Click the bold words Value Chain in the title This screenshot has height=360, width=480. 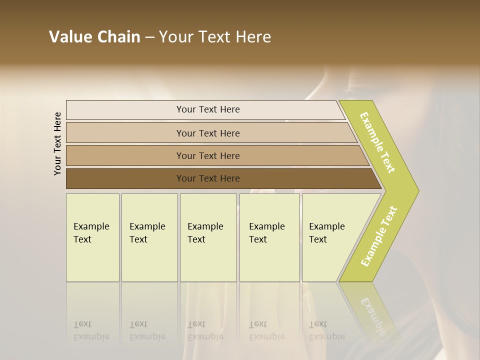[94, 37]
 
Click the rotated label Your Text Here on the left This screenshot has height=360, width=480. [57, 143]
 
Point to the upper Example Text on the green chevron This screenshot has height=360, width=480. [377, 143]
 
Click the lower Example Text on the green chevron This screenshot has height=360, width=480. [379, 236]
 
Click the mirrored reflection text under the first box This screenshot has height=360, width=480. [91, 330]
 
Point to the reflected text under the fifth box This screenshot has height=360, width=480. [326, 330]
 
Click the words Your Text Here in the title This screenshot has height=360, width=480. [215, 37]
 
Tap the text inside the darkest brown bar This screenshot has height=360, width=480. [208, 178]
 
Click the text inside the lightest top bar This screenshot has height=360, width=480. [208, 109]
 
